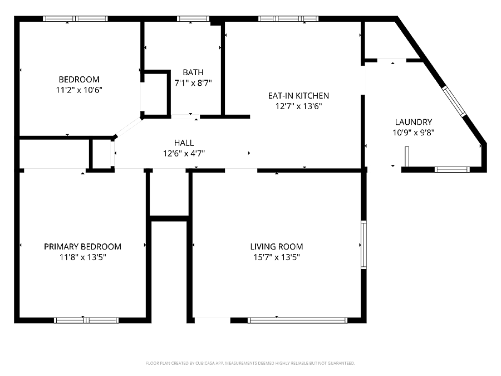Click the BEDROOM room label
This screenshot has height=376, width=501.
[79, 79]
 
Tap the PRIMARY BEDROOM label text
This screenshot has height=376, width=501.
[82, 247]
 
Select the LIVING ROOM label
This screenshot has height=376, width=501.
[276, 247]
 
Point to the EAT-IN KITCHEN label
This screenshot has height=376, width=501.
[298, 96]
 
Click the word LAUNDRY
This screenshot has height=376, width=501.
[414, 122]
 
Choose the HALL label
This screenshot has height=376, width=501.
[184, 143]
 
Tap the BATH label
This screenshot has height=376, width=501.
[193, 72]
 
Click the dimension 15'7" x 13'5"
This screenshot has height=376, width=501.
[276, 257]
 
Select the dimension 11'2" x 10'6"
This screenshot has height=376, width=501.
[79, 90]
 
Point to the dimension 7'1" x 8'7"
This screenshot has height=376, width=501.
[193, 83]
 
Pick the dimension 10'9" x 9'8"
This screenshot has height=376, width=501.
[414, 133]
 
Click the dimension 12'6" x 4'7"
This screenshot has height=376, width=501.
[184, 153]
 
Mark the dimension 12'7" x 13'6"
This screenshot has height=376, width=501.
[298, 106]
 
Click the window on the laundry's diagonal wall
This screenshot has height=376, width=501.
[454, 101]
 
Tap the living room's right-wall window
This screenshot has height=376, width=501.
[364, 245]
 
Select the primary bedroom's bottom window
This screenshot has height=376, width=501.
[86, 320]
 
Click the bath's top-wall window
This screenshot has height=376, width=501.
[193, 18]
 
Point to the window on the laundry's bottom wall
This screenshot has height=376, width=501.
[452, 169]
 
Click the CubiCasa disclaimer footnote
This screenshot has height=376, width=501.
[250, 363]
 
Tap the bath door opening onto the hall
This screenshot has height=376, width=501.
[185, 117]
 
